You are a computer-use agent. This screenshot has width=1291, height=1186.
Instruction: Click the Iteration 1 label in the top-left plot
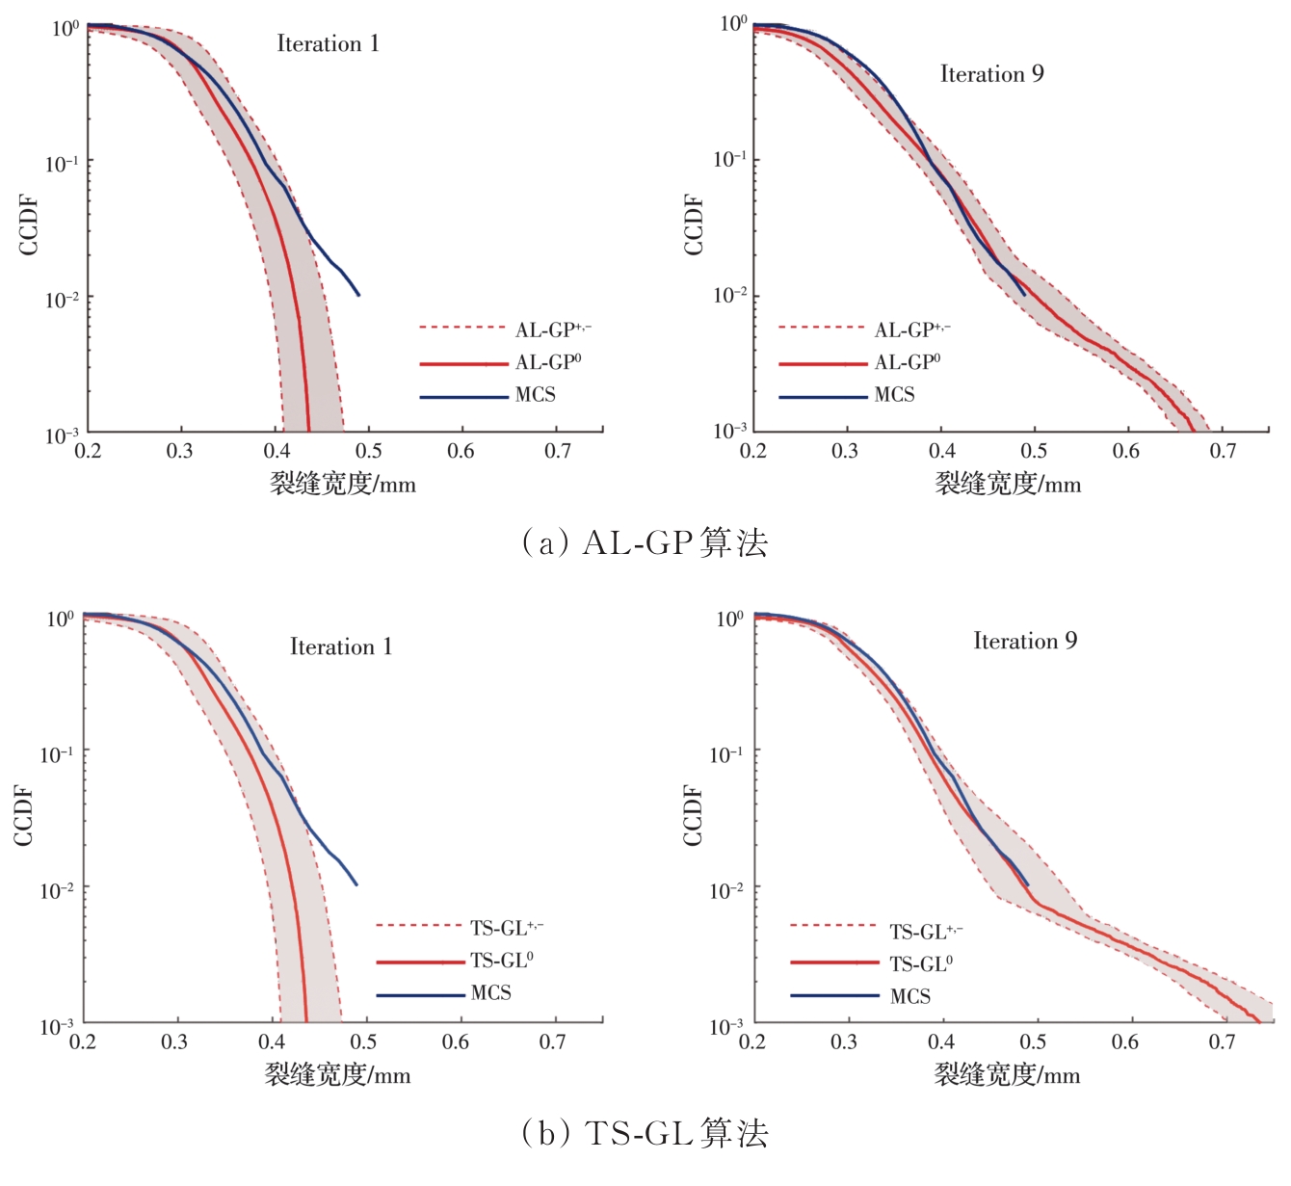(x=328, y=43)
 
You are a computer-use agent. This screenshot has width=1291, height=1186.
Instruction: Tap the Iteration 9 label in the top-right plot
(x=991, y=74)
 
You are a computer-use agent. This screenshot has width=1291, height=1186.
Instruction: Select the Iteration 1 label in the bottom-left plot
(x=341, y=646)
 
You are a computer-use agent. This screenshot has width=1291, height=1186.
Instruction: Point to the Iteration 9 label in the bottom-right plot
(x=1025, y=641)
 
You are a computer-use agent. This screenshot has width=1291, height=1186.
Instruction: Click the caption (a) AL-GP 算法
(x=645, y=543)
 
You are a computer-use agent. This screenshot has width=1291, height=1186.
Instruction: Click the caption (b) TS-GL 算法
(x=645, y=1133)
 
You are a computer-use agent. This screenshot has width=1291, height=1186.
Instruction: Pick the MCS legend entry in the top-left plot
(x=535, y=395)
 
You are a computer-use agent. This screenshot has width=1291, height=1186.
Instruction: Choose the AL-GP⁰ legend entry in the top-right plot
(x=907, y=362)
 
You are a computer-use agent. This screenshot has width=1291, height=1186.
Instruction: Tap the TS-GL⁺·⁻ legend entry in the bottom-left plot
(x=506, y=928)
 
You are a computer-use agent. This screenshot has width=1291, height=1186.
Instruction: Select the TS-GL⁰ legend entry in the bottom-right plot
(x=921, y=963)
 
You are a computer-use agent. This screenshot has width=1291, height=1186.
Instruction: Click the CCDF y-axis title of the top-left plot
(x=28, y=225)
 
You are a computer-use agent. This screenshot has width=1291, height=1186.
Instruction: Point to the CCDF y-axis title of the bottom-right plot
(x=693, y=815)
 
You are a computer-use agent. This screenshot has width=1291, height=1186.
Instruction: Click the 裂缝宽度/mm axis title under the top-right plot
(x=1008, y=484)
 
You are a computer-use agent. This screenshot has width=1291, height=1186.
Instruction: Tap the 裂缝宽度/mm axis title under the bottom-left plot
(x=337, y=1074)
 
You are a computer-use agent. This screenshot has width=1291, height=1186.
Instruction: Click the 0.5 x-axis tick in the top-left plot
(x=368, y=451)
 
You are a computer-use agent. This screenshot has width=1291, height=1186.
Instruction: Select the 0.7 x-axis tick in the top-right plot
(x=1223, y=451)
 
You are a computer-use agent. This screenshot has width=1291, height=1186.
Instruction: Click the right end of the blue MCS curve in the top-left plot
(x=358, y=295)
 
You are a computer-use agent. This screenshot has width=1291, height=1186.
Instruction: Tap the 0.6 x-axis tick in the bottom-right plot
(x=1124, y=1042)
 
